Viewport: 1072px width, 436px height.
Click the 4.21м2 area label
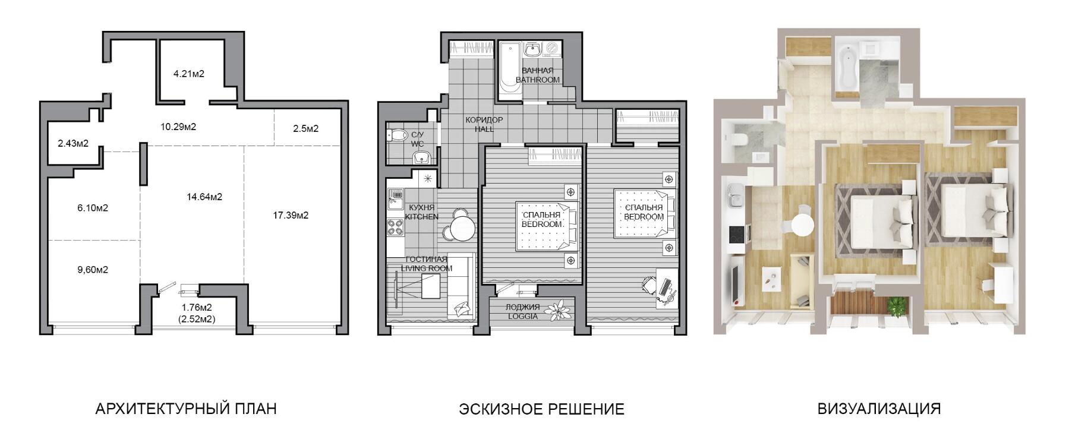tap(188, 74)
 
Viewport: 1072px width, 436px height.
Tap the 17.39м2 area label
tap(291, 216)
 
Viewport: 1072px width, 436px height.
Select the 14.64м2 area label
tap(204, 197)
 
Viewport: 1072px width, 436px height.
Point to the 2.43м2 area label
tap(73, 143)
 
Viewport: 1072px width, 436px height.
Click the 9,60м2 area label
tap(93, 270)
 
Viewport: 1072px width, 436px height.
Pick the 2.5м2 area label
tap(306, 128)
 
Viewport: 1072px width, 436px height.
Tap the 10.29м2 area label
tap(178, 127)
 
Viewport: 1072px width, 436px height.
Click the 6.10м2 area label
tap(93, 208)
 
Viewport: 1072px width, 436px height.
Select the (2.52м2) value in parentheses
tap(197, 319)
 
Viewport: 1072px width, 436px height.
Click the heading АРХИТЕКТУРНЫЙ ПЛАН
tap(186, 409)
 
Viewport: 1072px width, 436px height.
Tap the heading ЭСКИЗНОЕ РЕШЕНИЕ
tap(541, 409)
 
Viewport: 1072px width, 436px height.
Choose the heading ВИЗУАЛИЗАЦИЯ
tap(879, 409)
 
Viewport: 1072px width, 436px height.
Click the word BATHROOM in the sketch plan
tap(538, 80)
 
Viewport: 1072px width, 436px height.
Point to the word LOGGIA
tap(523, 317)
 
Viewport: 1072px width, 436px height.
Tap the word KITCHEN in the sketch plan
tap(421, 217)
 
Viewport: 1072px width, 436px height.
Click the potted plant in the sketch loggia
tap(559, 311)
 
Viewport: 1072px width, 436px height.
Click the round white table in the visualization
tap(802, 225)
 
